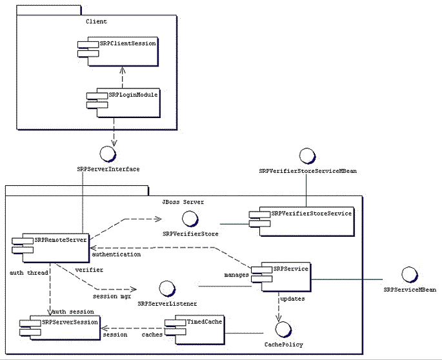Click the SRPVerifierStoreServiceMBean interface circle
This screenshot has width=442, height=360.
306,155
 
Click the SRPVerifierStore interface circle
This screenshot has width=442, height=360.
197,217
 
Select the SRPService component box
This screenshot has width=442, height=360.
280,277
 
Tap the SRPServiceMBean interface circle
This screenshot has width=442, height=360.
409,274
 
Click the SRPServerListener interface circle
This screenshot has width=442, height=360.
166,288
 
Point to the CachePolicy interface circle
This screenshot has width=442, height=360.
282,329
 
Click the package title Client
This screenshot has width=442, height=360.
95,21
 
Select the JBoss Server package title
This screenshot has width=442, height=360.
183,202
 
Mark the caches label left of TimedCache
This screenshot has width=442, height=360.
152,335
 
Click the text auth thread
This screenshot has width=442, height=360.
26,273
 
